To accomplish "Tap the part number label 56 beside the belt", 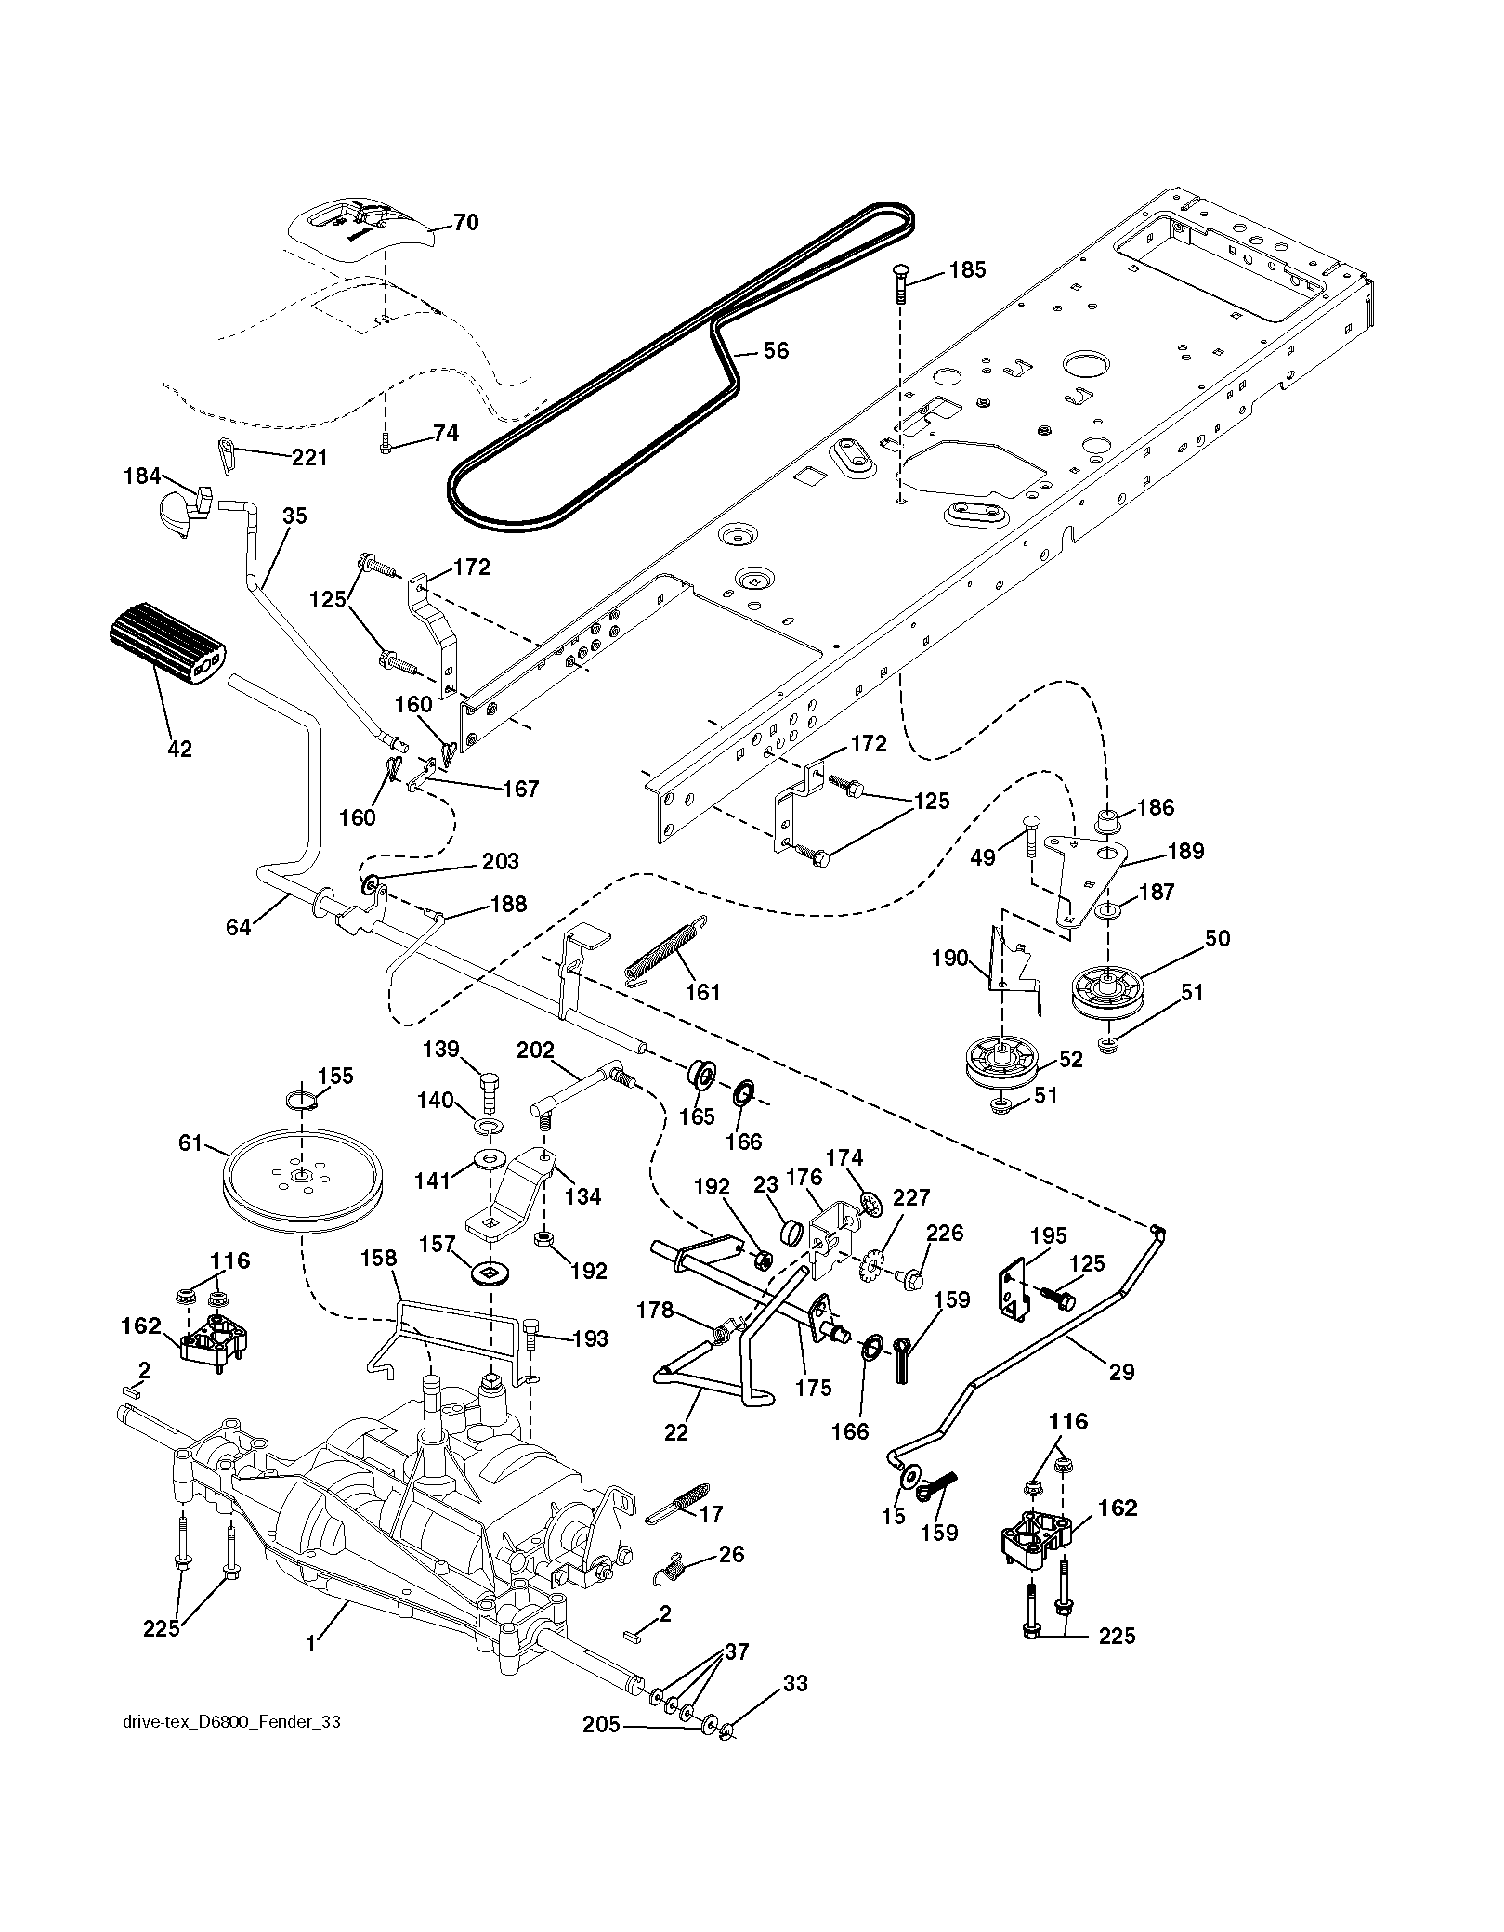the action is pos(776,350).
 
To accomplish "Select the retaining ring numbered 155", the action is pos(302,1102).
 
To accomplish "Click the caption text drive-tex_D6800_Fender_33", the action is pos(231,1721).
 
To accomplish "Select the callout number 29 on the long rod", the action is pos(1122,1372).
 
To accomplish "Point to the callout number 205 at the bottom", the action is pos(600,1725).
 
